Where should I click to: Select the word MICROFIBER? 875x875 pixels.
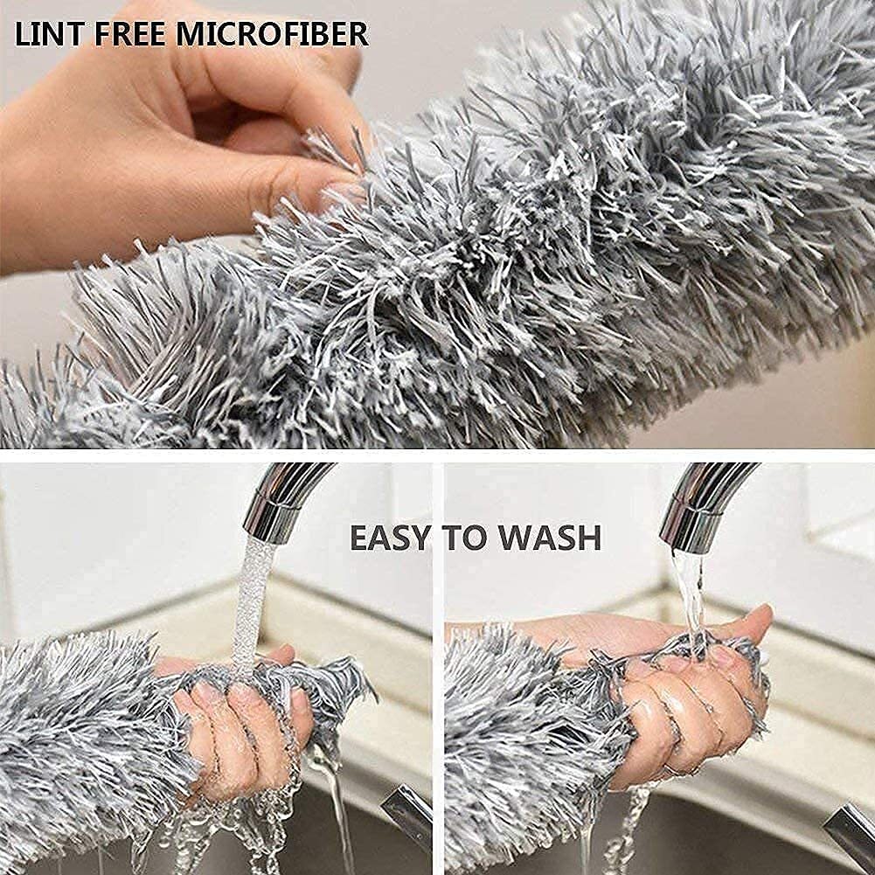(272, 34)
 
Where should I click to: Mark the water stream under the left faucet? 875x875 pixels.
(252, 603)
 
